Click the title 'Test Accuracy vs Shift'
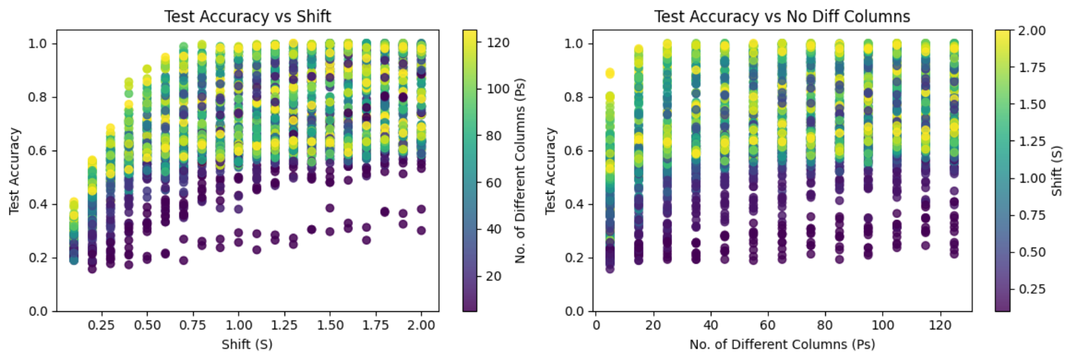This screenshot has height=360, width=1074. pyautogui.click(x=248, y=16)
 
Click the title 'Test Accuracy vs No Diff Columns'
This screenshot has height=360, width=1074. pyautogui.click(x=782, y=16)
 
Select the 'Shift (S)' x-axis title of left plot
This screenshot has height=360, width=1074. pyautogui.click(x=247, y=344)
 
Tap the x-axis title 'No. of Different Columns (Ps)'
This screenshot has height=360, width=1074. pyautogui.click(x=782, y=344)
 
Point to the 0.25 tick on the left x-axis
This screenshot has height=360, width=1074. pyautogui.click(x=101, y=325)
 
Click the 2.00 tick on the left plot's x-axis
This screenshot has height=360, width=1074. pyautogui.click(x=421, y=325)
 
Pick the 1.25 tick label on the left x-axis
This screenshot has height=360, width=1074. pyautogui.click(x=284, y=325)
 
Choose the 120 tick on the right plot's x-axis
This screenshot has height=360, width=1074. pyautogui.click(x=940, y=325)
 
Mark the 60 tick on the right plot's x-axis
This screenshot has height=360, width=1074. pyautogui.click(x=768, y=325)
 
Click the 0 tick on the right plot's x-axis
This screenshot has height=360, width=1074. pyautogui.click(x=596, y=325)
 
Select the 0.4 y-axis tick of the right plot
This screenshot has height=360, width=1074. pyautogui.click(x=574, y=204)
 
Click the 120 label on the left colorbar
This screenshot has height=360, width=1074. pyautogui.click(x=498, y=42)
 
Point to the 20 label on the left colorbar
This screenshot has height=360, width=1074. pyautogui.click(x=494, y=276)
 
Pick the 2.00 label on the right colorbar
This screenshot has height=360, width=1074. pyautogui.click(x=1032, y=31)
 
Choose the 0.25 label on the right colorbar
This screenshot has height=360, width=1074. pyautogui.click(x=1032, y=289)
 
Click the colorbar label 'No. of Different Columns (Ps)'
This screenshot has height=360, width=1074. pyautogui.click(x=520, y=171)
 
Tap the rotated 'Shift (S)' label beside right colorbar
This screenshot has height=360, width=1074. pyautogui.click(x=1056, y=171)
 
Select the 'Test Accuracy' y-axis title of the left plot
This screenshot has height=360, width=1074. pyautogui.click(x=14, y=171)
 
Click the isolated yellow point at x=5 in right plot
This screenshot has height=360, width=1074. pyautogui.click(x=610, y=73)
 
